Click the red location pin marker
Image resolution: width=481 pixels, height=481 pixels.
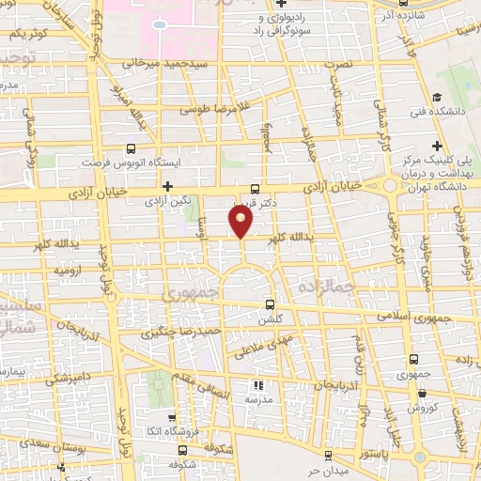point(241,221)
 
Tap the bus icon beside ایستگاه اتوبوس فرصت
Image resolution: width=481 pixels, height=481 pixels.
point(130,148)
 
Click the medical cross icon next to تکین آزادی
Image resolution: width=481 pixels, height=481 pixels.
point(167,186)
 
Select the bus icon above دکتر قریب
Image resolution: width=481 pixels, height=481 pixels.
point(256,188)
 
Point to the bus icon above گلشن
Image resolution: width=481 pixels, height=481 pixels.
point(271,304)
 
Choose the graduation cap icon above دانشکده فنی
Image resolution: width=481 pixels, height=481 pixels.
point(437,97)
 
